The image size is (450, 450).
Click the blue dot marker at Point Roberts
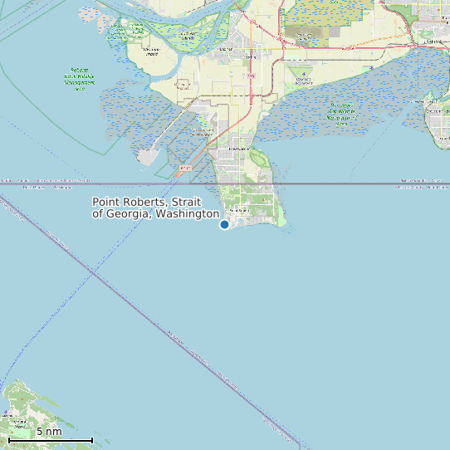pos(224,224)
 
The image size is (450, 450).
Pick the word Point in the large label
pos(106,202)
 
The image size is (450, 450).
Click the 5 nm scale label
pos(49,432)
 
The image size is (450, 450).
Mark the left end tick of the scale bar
pos(9,439)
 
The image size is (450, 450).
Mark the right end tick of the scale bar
pos(92,439)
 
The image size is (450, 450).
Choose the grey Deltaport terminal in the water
pos(148,155)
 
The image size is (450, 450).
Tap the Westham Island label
pos(151,51)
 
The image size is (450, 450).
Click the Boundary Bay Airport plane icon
pos(304,74)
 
